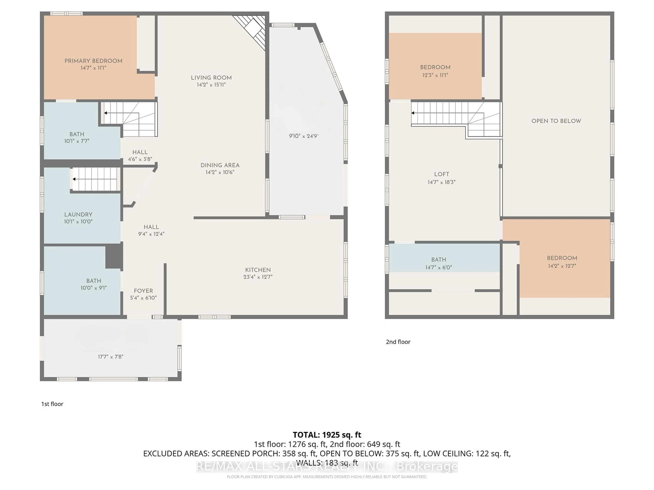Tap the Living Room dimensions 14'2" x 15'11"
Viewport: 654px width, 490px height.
[x=211, y=85]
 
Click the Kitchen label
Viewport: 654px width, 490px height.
[x=258, y=270]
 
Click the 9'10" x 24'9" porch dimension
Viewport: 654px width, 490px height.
[x=304, y=136]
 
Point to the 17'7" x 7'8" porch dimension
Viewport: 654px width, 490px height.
[x=111, y=357]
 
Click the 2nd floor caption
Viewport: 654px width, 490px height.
[x=398, y=342]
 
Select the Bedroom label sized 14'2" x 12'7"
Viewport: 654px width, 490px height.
[x=562, y=258]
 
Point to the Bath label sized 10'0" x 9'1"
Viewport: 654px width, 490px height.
[x=94, y=281]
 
